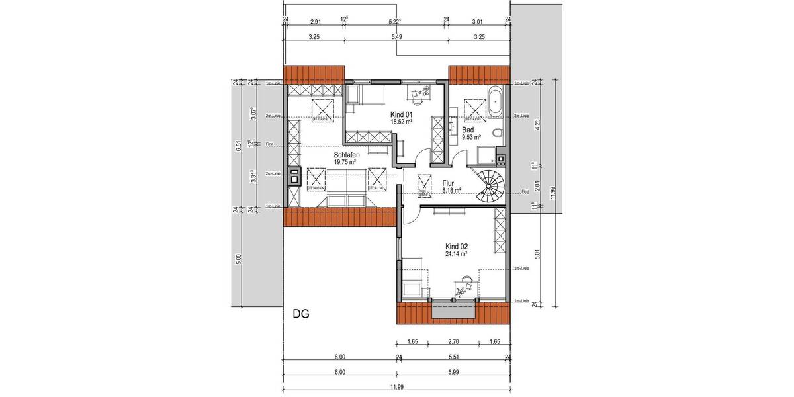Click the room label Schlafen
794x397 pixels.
pos(345,155)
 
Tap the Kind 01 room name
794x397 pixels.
pos(400,115)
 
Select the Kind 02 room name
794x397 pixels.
pos(457,245)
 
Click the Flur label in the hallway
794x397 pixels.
pos(447,183)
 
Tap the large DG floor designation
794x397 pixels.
pos(302,313)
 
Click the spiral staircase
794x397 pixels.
pos(492,185)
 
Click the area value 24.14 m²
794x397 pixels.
pos(457,253)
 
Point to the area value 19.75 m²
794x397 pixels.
pos(345,161)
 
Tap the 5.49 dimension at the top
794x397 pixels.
pos(397,37)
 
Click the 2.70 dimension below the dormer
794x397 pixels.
pos(453,343)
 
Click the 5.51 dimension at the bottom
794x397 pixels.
pos(453,357)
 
